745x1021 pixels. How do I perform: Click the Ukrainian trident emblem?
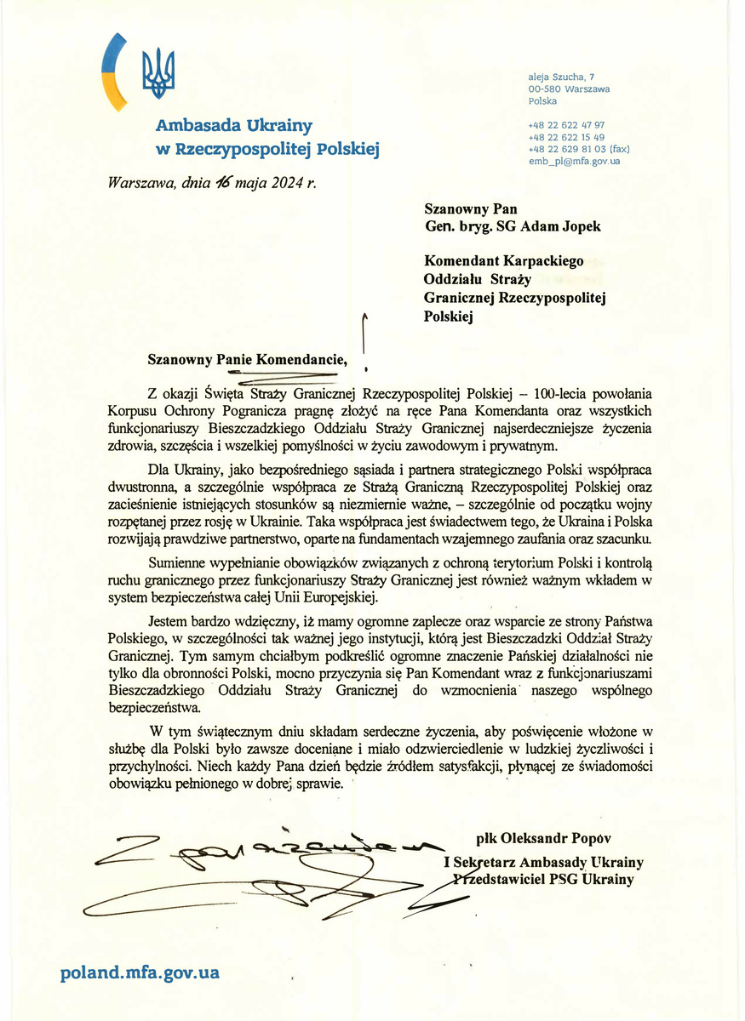[x=158, y=71]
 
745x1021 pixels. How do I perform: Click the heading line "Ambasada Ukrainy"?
[x=234, y=126]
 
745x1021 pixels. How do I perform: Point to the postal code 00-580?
[x=544, y=88]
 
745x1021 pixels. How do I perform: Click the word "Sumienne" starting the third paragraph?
[x=178, y=563]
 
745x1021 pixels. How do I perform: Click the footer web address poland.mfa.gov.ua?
[x=140, y=973]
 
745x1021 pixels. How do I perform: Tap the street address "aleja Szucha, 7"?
[x=562, y=77]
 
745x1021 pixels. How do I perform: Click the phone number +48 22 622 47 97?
[x=566, y=124]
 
